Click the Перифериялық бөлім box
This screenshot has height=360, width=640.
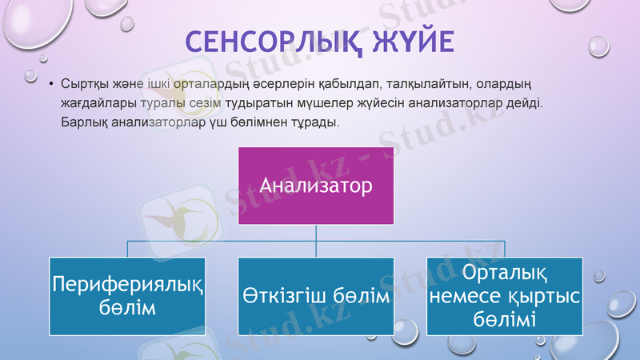coord(128,296)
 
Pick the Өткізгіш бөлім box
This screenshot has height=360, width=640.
coord(317,296)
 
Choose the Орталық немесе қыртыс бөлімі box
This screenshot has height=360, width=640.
coord(506,296)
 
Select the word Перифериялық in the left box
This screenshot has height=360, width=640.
coord(128,285)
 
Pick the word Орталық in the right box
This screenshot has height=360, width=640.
coord(506,274)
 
